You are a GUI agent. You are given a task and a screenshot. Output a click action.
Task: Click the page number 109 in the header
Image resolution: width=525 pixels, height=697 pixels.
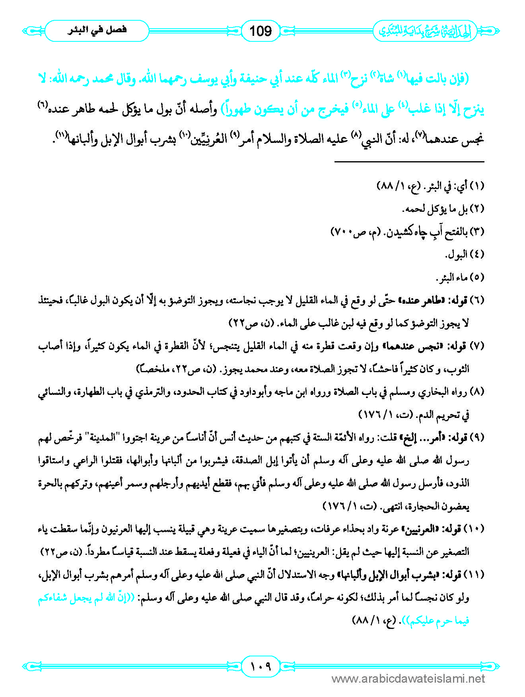(x=261, y=31)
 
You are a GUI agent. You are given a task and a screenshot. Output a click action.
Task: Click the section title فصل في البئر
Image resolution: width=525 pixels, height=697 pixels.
(x=97, y=30)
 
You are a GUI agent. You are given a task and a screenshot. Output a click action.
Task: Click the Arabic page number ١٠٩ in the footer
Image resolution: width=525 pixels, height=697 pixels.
(x=261, y=666)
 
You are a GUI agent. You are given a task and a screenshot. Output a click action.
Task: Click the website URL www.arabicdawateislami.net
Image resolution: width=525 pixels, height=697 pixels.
(x=408, y=679)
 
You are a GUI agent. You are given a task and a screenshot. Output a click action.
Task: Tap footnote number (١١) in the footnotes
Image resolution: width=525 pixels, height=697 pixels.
(x=476, y=575)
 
